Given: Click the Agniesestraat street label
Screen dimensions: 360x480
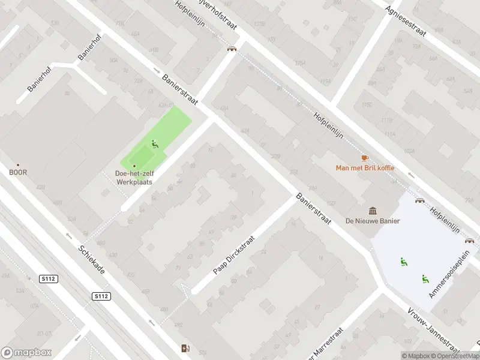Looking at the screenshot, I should (x=406, y=21).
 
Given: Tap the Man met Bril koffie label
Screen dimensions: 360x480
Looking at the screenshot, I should (x=365, y=167).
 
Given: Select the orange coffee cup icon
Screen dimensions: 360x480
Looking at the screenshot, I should (x=364, y=158).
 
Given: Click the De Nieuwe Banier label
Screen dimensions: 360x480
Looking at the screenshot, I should (x=373, y=221).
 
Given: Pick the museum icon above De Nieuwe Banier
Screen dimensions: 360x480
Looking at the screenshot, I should (x=373, y=211).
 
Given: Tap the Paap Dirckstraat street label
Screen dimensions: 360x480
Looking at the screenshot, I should (x=234, y=255).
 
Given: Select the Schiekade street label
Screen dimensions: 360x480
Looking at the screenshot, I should (x=92, y=260).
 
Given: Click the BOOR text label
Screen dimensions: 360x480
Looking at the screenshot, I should (x=18, y=172).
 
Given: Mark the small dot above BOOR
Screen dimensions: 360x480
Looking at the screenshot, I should (x=18, y=164).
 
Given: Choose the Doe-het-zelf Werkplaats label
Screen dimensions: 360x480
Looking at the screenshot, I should (x=134, y=177).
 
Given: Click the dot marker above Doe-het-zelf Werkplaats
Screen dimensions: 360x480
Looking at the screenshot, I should (x=134, y=166).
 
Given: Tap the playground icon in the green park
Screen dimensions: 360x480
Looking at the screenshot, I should (x=154, y=144).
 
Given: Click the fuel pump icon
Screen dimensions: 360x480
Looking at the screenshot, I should (x=185, y=348).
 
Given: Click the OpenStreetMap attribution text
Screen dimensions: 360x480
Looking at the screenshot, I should (x=455, y=356).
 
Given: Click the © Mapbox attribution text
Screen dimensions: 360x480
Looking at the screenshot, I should (x=415, y=356).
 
